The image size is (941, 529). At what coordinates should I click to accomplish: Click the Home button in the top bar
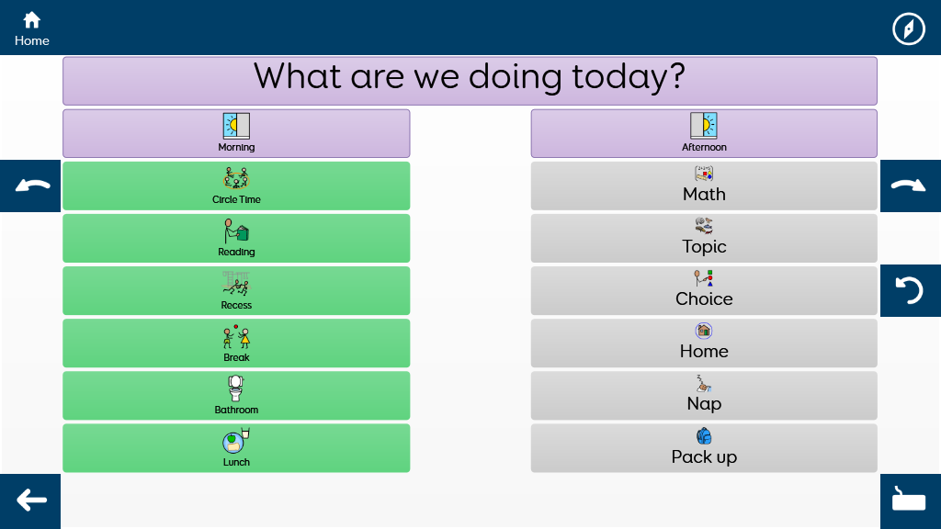click(32, 28)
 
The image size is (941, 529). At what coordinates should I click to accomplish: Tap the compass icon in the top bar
click(909, 28)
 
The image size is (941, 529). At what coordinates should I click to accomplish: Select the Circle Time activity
click(236, 186)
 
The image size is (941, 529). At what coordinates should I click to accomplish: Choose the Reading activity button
click(236, 238)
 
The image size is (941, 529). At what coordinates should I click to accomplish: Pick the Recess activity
click(236, 291)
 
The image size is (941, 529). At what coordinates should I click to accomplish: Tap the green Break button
click(236, 343)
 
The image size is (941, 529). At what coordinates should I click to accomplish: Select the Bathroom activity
click(236, 396)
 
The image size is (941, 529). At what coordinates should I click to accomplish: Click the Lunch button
click(236, 448)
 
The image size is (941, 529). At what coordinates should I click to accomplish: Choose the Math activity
click(704, 186)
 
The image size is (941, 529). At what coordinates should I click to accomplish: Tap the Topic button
click(704, 238)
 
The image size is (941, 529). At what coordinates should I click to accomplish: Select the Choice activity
click(704, 291)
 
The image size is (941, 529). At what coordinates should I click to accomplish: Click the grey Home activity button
click(704, 343)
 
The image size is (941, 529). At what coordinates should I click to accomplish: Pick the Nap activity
click(704, 396)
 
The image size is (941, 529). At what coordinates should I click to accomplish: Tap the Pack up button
click(704, 448)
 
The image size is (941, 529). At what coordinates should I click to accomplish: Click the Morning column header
click(236, 133)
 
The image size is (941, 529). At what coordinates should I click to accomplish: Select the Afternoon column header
click(704, 133)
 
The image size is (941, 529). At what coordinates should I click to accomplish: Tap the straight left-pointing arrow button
click(30, 501)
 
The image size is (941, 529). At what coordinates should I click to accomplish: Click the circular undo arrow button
click(911, 290)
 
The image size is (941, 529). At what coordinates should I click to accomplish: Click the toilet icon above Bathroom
click(236, 388)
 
